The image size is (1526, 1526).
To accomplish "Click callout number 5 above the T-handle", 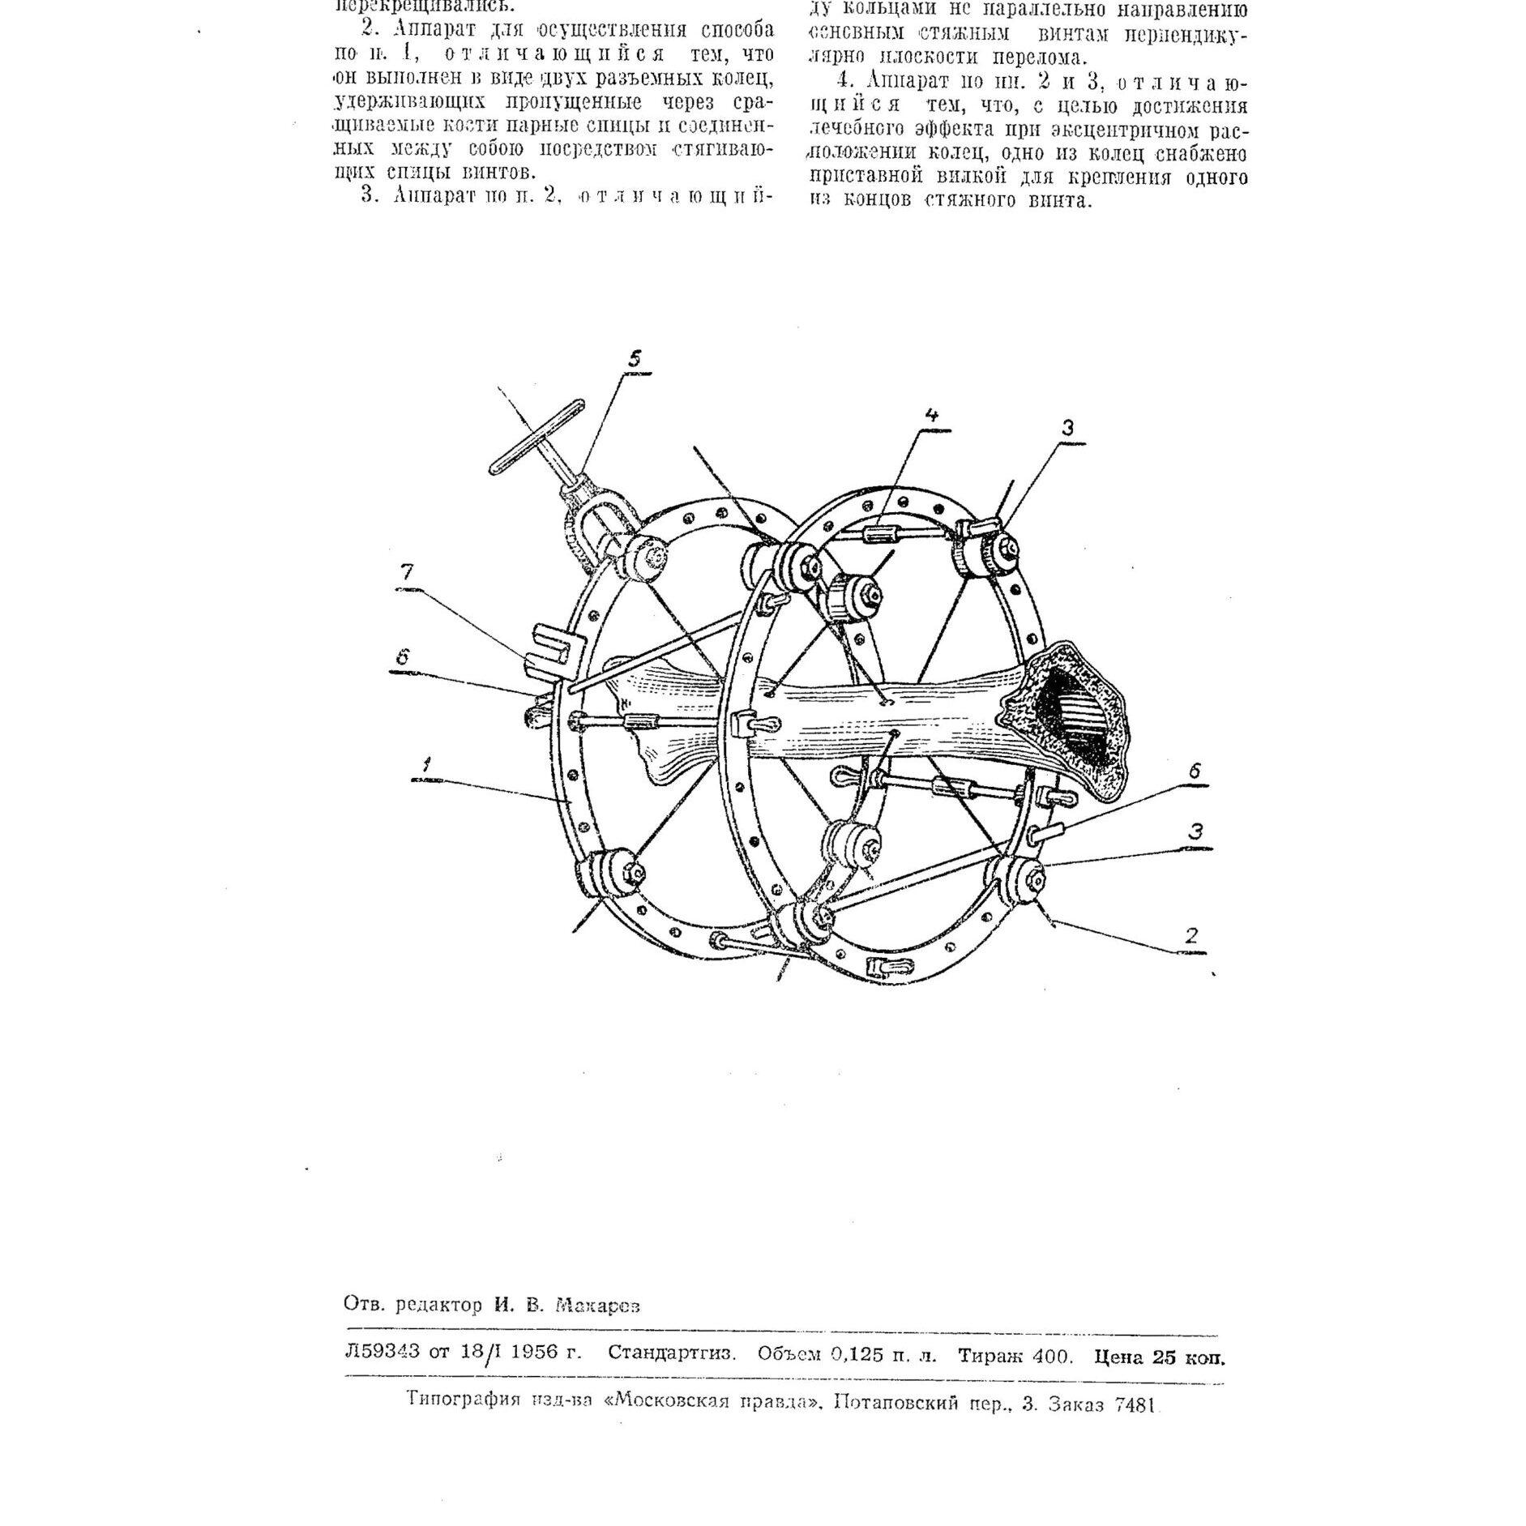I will point(635,359).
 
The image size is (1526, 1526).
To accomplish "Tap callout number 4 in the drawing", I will point(932,416).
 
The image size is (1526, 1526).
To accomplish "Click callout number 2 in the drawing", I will point(1190,936).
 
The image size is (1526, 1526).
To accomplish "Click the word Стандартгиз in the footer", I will point(672,1354).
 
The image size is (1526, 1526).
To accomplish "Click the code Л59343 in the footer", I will point(383,1354).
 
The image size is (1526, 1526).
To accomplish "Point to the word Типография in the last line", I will point(463,1400).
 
